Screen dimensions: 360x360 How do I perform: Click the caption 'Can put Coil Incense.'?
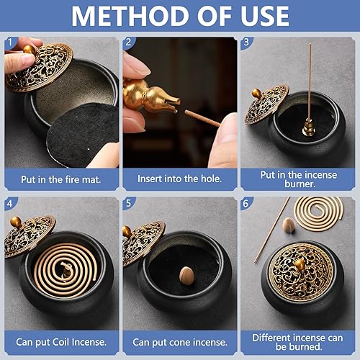[61, 341]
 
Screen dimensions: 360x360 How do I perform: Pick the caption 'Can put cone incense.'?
[179, 341]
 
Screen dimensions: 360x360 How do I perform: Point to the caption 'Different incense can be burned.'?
[298, 341]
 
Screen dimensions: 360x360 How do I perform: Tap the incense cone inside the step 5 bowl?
[186, 274]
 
